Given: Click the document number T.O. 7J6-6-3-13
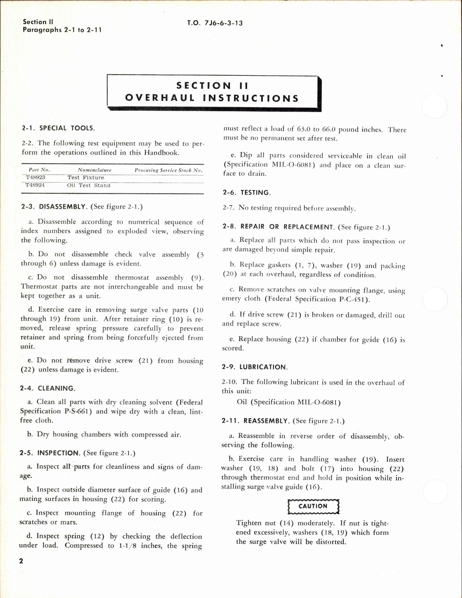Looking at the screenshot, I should tap(215, 23).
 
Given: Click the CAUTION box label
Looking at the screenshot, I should tap(313, 506).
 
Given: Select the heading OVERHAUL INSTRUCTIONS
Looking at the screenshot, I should tap(212, 98).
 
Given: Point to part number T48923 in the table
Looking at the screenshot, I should tap(35, 177).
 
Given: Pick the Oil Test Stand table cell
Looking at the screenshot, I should tap(89, 185).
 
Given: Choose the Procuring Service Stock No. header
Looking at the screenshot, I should tap(168, 170).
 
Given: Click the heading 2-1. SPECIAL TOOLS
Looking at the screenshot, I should tap(58, 128).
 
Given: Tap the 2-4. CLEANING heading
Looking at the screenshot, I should tap(47, 388).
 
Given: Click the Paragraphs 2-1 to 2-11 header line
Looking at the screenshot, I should tap(62, 30).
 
